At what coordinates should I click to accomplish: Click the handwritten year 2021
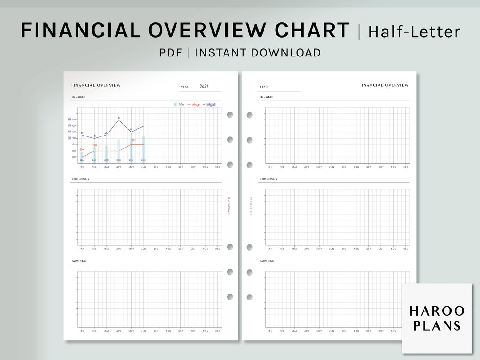(204, 87)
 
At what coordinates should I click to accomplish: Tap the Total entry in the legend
(179, 104)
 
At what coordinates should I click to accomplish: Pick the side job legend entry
(209, 104)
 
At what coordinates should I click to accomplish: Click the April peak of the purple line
(119, 120)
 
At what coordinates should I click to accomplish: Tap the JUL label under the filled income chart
(156, 167)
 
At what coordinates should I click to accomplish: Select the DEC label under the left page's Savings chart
(217, 331)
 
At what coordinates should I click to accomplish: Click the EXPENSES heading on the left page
(80, 179)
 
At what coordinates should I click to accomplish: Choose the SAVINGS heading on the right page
(267, 261)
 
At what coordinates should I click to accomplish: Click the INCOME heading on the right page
(266, 97)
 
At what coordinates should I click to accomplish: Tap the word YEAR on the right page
(264, 87)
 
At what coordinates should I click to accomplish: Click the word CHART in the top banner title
(312, 30)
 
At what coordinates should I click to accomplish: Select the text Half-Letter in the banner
(414, 32)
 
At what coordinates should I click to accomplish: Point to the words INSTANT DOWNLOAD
(258, 53)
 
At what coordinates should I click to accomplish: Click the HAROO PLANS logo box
(437, 318)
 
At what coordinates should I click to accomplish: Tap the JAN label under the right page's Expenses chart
(270, 249)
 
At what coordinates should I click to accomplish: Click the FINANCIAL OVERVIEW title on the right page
(384, 85)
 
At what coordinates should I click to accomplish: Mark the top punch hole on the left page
(230, 115)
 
